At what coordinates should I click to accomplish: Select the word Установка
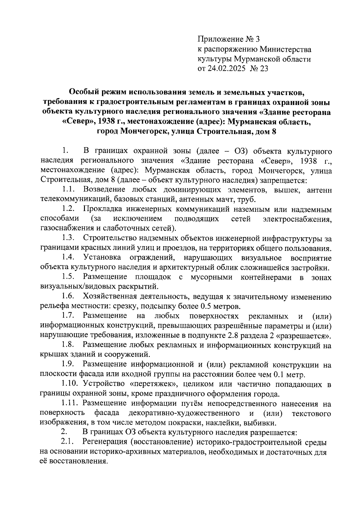(x=103, y=258)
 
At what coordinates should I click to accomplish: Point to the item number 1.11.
(x=70, y=403)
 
